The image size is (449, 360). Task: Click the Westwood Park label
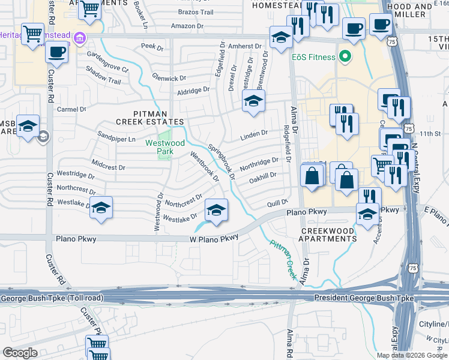tap(165, 147)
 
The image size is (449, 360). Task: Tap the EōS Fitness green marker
tap(345, 58)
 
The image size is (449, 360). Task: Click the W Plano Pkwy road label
tap(214, 239)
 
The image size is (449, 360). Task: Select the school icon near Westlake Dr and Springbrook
tap(216, 211)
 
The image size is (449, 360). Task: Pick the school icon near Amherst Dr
tap(280, 39)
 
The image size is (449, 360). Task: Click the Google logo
tap(20, 353)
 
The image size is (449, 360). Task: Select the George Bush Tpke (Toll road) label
tap(52, 298)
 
